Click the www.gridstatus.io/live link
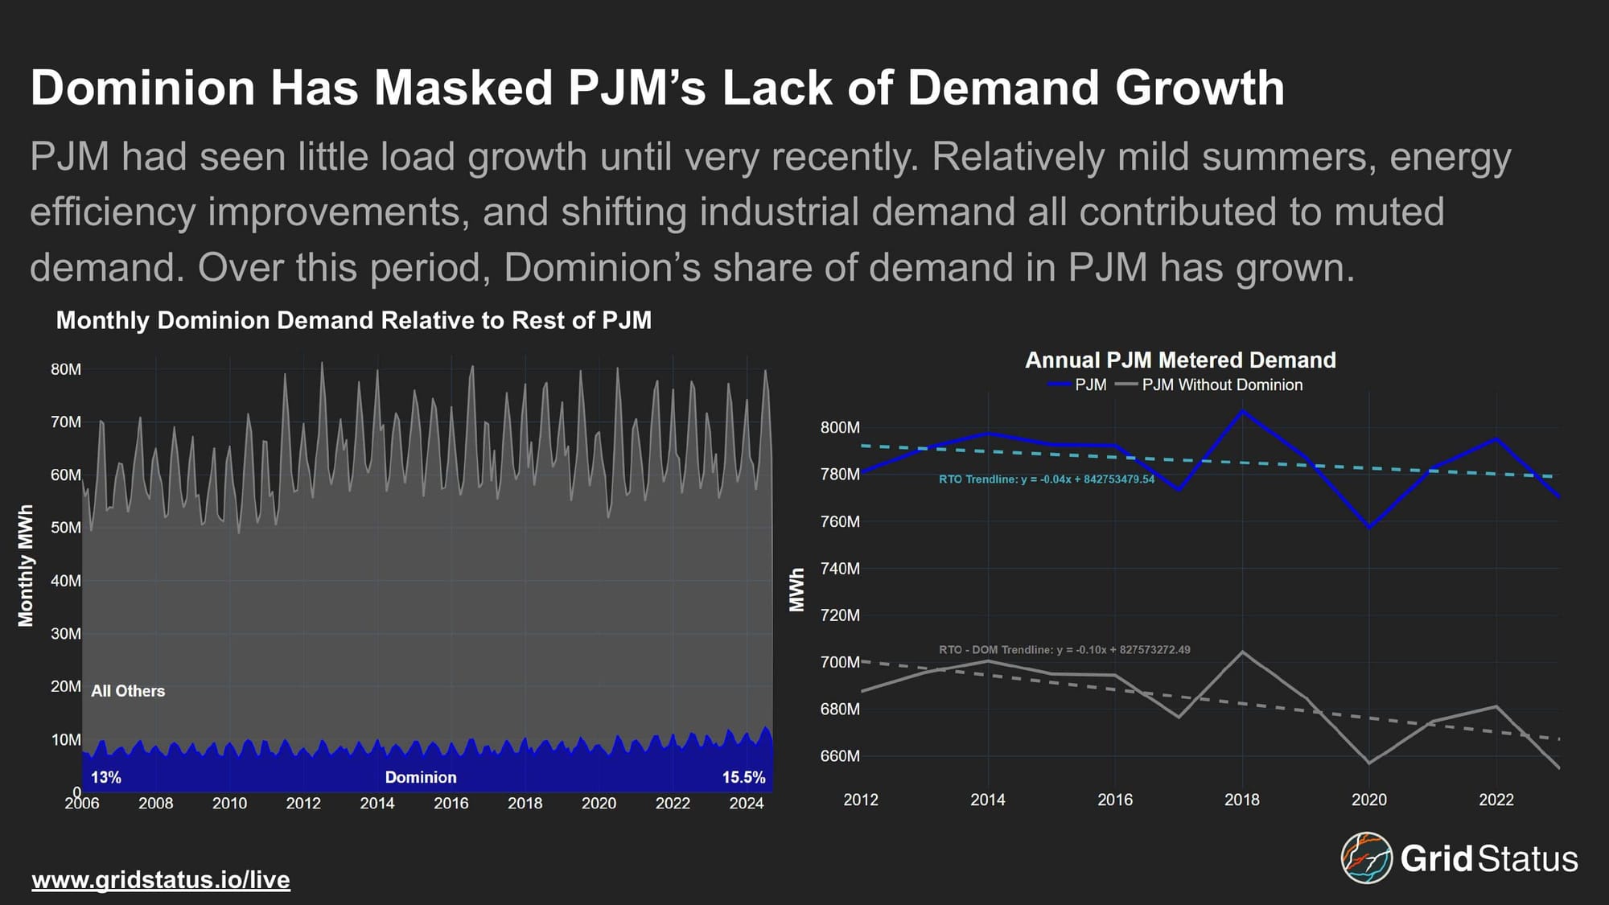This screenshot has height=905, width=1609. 161,879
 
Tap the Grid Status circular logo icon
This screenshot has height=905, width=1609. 1366,858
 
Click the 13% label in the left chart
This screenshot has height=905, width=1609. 106,777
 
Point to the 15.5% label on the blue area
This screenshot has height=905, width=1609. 743,777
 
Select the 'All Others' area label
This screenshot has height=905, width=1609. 128,691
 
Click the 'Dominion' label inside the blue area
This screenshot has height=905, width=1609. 421,777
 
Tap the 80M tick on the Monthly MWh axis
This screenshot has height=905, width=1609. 66,369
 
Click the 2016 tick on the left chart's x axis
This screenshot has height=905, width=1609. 451,803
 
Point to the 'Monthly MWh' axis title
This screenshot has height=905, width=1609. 26,566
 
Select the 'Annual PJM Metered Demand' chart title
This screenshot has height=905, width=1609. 1180,360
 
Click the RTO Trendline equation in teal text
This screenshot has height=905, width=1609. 1046,479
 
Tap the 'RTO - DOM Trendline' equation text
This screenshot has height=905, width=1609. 1064,650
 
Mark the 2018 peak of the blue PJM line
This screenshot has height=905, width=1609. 1243,411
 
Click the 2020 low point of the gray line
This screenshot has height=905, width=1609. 1369,763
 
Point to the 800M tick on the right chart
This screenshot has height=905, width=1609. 840,427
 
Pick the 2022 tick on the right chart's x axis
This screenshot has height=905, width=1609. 1496,800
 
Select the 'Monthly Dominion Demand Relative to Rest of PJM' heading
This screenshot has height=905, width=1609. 353,320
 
